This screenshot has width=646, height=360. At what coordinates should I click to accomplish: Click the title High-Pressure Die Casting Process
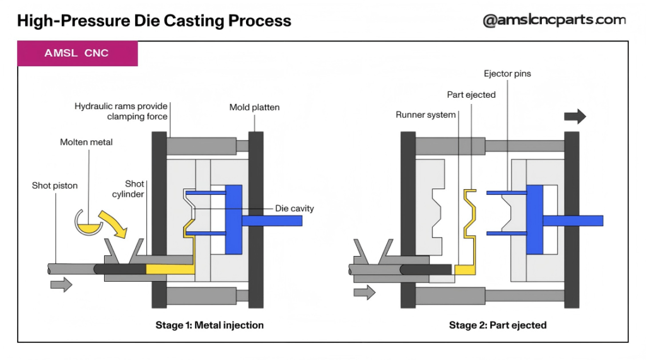pyautogui.click(x=154, y=21)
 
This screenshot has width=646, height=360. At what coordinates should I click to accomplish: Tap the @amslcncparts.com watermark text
pyautogui.click(x=554, y=20)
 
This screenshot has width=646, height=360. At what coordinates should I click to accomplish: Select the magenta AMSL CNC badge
pyautogui.click(x=77, y=54)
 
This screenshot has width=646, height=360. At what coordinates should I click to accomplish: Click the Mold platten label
pyautogui.click(x=254, y=107)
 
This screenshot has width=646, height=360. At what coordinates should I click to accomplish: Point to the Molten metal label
pyautogui.click(x=86, y=142)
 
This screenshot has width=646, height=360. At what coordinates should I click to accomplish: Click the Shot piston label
pyautogui.click(x=55, y=185)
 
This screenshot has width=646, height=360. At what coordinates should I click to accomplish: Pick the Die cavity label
pyautogui.click(x=294, y=209)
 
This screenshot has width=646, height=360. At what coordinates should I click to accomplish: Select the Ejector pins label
pyautogui.click(x=507, y=74)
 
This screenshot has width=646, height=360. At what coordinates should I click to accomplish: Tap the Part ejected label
pyautogui.click(x=471, y=95)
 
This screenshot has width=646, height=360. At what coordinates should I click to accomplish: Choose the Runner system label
pyautogui.click(x=425, y=115)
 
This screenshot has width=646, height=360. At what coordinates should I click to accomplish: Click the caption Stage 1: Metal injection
pyautogui.click(x=209, y=325)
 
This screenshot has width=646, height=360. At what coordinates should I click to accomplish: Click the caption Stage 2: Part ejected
pyautogui.click(x=498, y=325)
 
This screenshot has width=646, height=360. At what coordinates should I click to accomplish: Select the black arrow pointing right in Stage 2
pyautogui.click(x=575, y=117)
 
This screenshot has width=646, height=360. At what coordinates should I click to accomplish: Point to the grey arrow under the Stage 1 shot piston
pyautogui.click(x=61, y=284)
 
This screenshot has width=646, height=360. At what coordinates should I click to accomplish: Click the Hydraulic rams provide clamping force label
pyautogui.click(x=121, y=112)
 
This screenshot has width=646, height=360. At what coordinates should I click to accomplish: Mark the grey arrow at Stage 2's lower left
pyautogui.click(x=364, y=292)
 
